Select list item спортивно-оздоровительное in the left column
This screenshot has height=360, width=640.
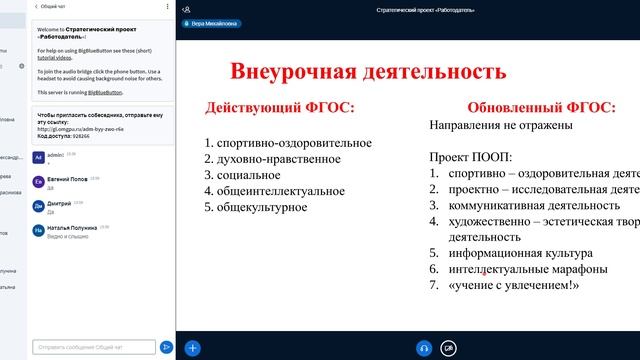coord(281,143)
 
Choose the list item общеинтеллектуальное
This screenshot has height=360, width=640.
coord(273,191)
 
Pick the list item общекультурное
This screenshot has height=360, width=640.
coord(258,207)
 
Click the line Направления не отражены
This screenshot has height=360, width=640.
coord(500,126)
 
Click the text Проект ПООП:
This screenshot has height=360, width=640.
coord(471,157)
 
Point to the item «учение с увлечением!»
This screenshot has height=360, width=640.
coord(514,286)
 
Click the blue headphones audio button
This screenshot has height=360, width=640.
coord(424,347)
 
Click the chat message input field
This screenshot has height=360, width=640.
coord(94,347)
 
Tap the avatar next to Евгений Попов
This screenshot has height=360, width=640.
coord(38,182)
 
